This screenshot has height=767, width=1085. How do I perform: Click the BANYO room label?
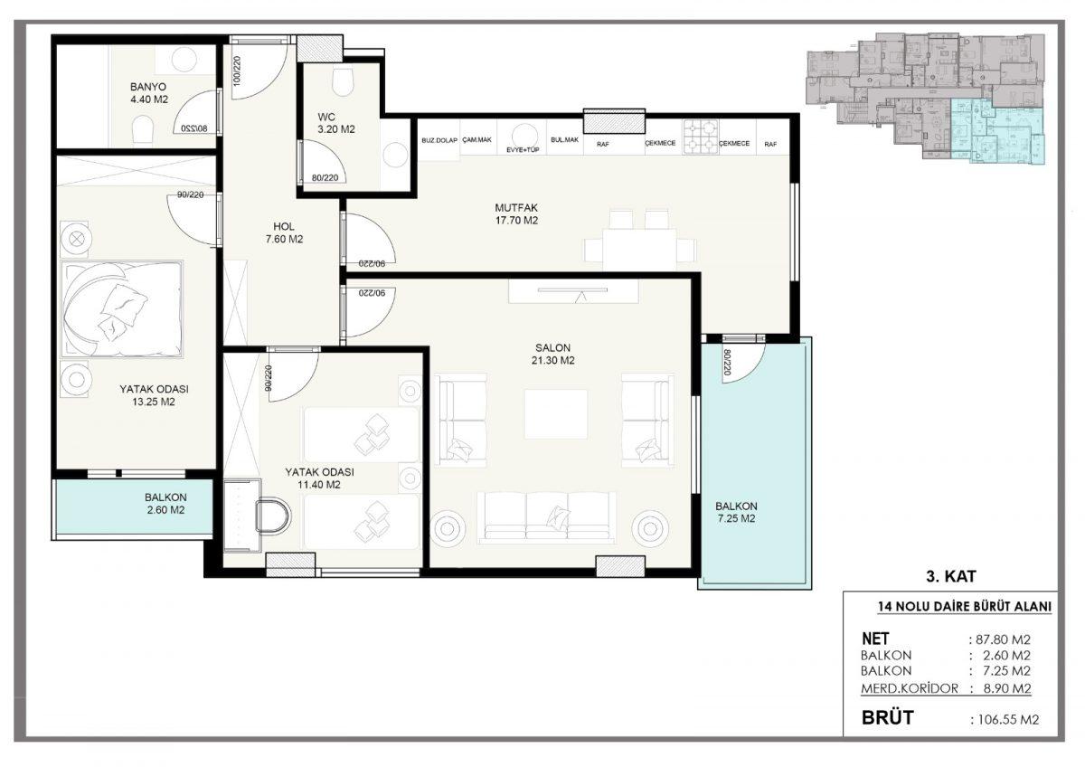(148, 87)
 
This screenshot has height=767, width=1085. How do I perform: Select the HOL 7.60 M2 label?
(284, 232)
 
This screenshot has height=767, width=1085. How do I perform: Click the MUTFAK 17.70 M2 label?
(516, 213)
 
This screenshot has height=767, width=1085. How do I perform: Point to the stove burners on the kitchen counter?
(701, 137)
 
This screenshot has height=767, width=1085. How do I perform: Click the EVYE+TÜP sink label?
(523, 150)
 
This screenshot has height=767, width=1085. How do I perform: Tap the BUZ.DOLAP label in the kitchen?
(439, 140)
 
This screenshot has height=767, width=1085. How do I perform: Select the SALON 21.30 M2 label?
(552, 354)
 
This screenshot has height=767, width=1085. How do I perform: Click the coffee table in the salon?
(555, 413)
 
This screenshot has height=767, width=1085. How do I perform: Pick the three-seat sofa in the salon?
(546, 518)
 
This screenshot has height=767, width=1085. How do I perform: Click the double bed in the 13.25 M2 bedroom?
(121, 309)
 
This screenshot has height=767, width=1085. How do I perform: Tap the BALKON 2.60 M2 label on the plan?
(165, 504)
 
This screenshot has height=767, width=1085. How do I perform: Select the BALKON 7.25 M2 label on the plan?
(736, 512)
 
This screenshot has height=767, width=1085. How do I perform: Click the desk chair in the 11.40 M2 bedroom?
(274, 516)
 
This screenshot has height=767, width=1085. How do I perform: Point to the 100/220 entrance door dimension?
(237, 71)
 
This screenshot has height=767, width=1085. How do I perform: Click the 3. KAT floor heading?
(951, 576)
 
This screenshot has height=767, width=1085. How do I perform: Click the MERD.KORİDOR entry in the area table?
(910, 688)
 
